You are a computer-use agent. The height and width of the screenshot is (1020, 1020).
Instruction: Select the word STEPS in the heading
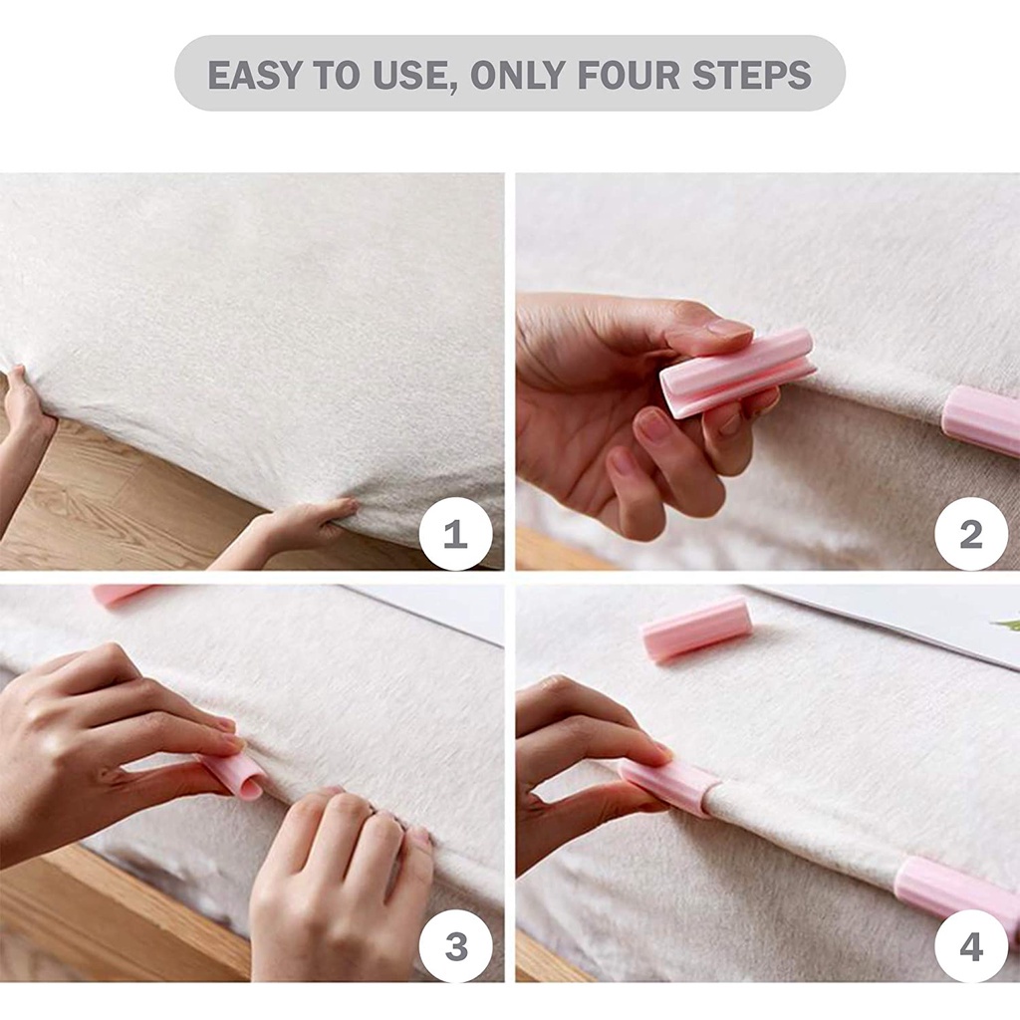tap(751, 75)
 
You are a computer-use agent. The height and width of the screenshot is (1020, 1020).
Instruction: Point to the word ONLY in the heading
tap(518, 75)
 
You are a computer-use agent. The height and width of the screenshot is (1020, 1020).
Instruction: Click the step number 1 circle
tap(455, 534)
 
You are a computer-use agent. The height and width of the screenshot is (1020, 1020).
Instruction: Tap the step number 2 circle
tap(971, 534)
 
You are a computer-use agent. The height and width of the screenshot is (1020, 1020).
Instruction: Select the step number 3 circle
tap(455, 946)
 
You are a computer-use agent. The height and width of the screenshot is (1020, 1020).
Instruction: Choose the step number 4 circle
tap(971, 946)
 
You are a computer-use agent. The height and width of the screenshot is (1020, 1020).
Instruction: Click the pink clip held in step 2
tap(738, 373)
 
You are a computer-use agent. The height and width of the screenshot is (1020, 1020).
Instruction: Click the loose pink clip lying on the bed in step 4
tap(696, 629)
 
